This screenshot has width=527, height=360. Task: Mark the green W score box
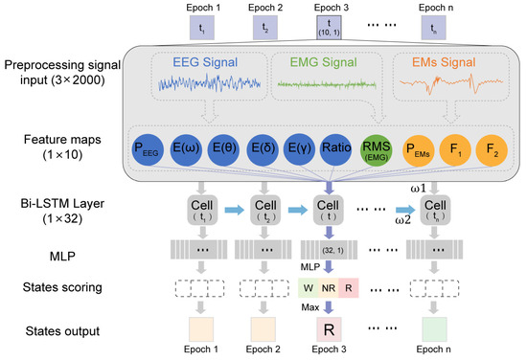307,287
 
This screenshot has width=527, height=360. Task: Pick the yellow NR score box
329,287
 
